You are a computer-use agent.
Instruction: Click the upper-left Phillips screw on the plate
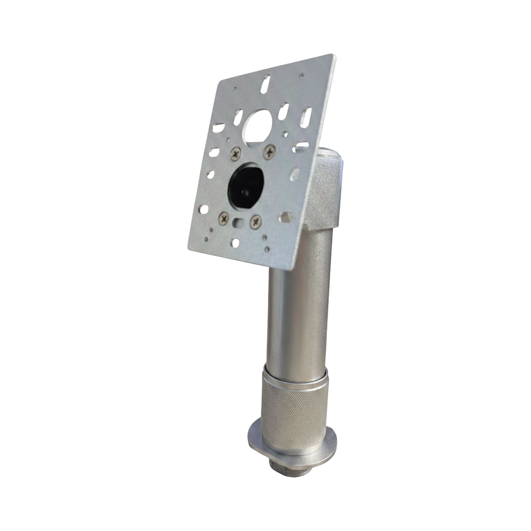pyautogui.click(x=236, y=154)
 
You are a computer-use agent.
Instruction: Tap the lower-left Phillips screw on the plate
pyautogui.click(x=224, y=219)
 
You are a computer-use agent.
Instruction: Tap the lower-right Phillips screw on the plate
pyautogui.click(x=256, y=221)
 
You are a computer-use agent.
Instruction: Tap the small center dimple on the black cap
pyautogui.click(x=244, y=192)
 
